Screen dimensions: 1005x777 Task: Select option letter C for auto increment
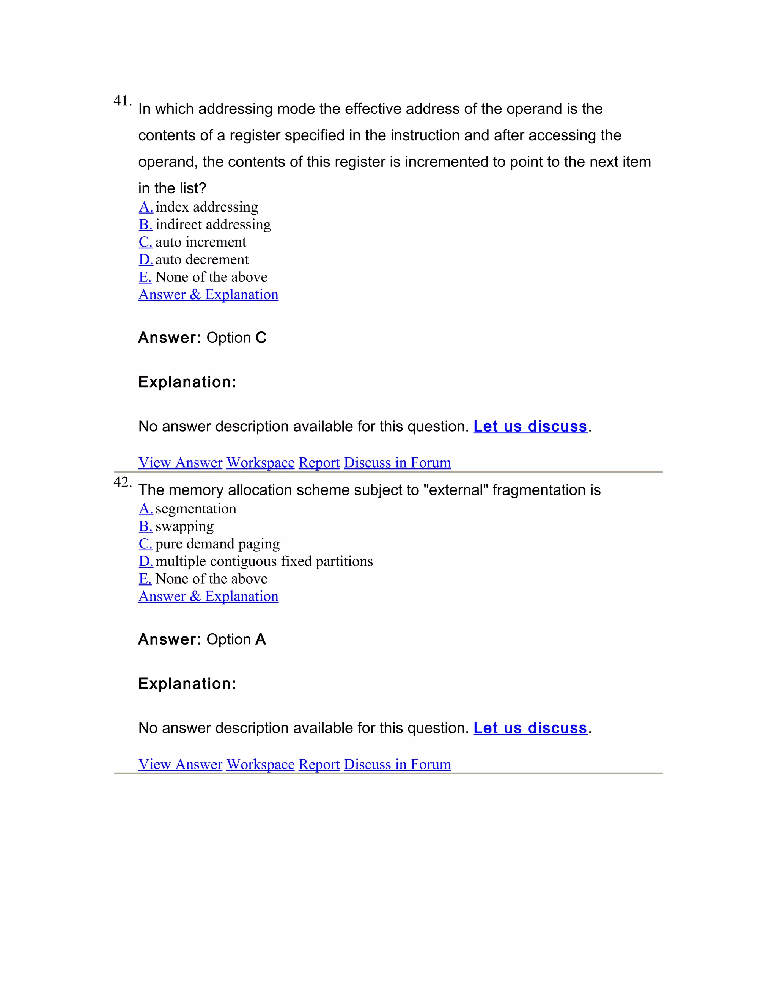tap(145, 242)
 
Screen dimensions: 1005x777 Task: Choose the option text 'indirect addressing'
tap(213, 225)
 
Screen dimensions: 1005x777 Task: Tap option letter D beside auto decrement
tap(145, 259)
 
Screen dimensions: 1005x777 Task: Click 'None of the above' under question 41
tap(211, 277)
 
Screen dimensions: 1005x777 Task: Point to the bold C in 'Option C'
tap(261, 338)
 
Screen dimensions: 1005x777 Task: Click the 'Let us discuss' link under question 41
tap(530, 427)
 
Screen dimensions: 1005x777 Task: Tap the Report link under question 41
tap(319, 462)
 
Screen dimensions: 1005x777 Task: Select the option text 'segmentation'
tap(196, 509)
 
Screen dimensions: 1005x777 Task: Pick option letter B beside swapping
tap(145, 526)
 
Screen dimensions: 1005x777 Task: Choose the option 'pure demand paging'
tap(217, 544)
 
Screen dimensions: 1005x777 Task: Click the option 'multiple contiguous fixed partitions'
tap(264, 561)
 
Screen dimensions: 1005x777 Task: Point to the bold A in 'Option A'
tap(261, 640)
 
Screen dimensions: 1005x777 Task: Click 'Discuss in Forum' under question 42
tap(397, 764)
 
